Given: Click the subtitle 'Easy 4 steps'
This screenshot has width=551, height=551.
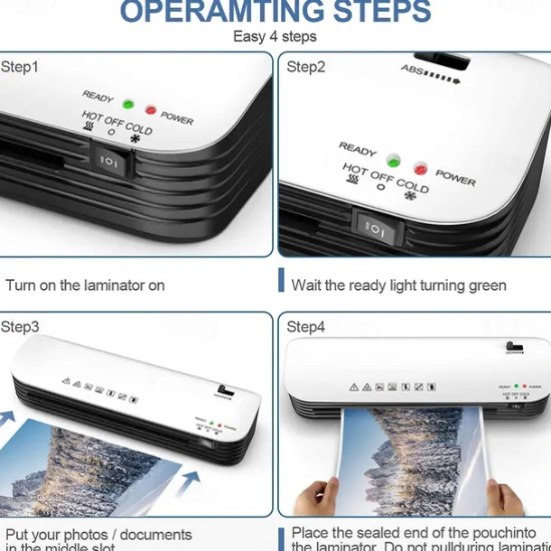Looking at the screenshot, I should [x=275, y=37].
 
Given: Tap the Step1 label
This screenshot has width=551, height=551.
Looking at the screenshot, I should [x=20, y=67].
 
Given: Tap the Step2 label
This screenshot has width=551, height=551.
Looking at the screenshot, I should [x=307, y=67].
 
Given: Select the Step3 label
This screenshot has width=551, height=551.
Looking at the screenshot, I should [x=20, y=327].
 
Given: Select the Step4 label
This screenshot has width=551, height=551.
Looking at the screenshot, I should [x=307, y=327].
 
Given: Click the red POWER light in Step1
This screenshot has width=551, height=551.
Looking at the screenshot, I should [x=150, y=109].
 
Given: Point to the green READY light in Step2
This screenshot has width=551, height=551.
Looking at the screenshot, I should [x=394, y=160].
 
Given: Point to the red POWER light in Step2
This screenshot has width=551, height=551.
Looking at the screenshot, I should [x=420, y=168].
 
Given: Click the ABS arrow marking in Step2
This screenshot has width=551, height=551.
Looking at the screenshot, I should [x=431, y=74].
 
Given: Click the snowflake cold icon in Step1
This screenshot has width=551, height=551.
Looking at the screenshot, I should [x=135, y=139].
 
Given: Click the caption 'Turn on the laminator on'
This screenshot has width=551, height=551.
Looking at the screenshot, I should [x=85, y=285].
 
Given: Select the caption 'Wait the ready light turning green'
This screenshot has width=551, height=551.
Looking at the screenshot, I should [x=398, y=285].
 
